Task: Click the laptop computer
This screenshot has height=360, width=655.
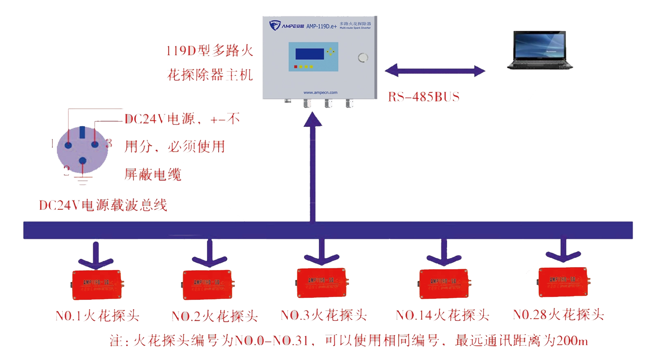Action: pyautogui.click(x=540, y=50)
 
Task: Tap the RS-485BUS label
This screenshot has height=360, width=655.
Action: pyautogui.click(x=424, y=97)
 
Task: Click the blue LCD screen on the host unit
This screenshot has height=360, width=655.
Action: pyautogui.click(x=309, y=54)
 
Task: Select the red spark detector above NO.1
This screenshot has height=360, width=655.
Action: pyautogui.click(x=97, y=285)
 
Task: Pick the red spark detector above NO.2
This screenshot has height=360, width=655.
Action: pyautogui.click(x=208, y=285)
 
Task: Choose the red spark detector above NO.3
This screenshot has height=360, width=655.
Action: pyautogui.click(x=321, y=283)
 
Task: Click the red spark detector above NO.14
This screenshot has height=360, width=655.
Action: pyautogui.click(x=444, y=283)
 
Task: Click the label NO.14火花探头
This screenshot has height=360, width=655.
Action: pyautogui.click(x=442, y=315)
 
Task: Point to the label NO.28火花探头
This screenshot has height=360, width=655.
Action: pyautogui.click(x=558, y=314)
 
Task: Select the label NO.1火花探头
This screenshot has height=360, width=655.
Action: pyautogui.click(x=97, y=316)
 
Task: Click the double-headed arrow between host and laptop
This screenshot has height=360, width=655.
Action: pyautogui.click(x=435, y=70)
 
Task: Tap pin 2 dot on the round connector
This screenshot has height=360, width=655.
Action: pyautogui.click(x=83, y=161)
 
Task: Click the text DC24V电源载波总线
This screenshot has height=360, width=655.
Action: pyautogui.click(x=103, y=205)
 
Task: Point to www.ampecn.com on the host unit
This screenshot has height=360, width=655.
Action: pyautogui.click(x=320, y=92)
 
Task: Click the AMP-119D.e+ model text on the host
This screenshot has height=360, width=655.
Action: pyautogui.click(x=321, y=26)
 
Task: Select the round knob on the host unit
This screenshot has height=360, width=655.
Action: pyautogui.click(x=363, y=58)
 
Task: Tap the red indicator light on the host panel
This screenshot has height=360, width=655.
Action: pyautogui.click(x=296, y=67)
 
